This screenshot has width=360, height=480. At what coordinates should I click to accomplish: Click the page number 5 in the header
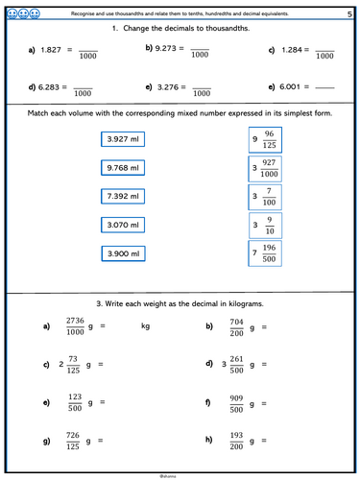pyautogui.click(x=348, y=13)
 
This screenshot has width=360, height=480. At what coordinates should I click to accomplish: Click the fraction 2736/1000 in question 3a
pyautogui.click(x=75, y=326)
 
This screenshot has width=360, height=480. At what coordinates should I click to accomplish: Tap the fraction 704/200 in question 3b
pyautogui.click(x=237, y=326)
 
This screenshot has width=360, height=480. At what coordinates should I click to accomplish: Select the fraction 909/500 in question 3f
pyautogui.click(x=237, y=404)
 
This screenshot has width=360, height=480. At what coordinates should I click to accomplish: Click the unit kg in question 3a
pyautogui.click(x=146, y=327)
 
